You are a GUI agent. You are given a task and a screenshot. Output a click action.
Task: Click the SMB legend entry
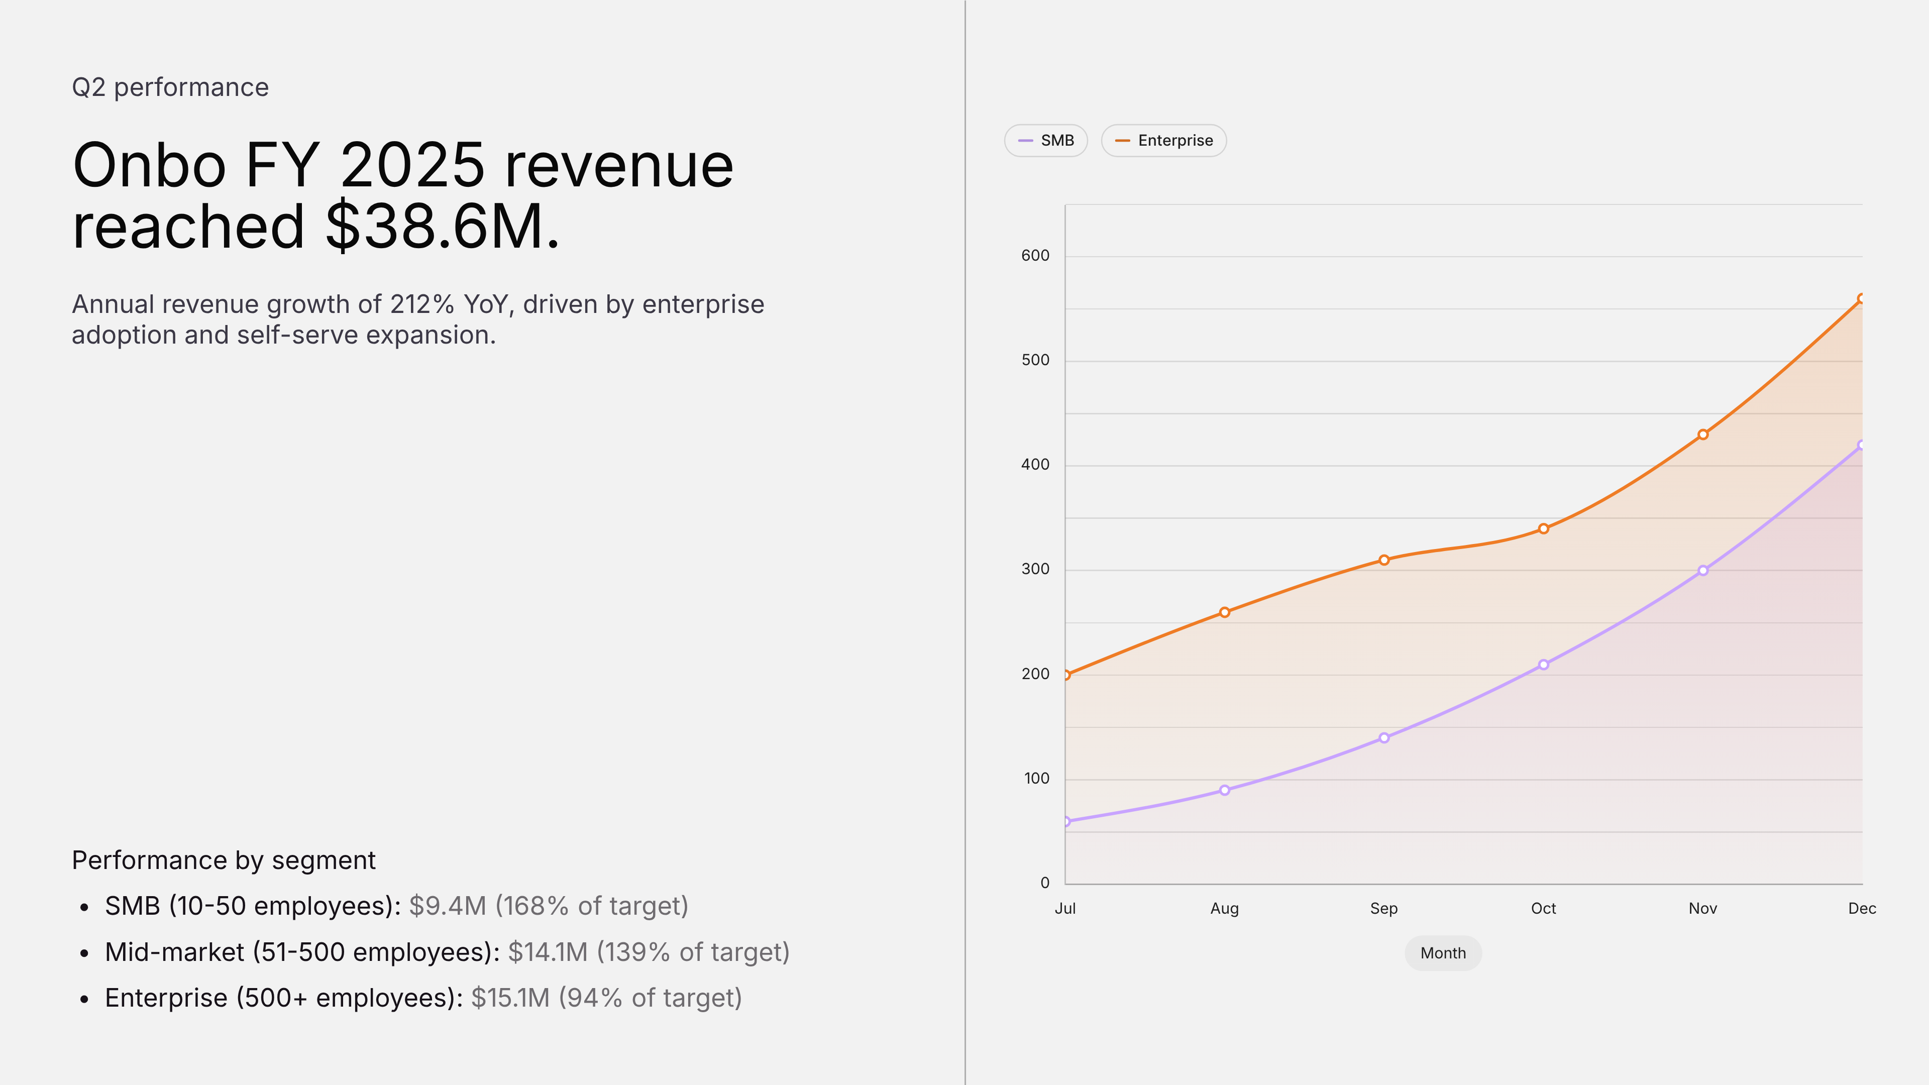pyautogui.click(x=1045, y=141)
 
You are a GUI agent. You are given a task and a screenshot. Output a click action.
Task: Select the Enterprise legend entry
pyautogui.click(x=1164, y=141)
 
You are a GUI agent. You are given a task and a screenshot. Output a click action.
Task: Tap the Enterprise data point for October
pyautogui.click(x=1543, y=528)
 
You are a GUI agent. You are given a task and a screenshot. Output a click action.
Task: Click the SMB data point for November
pyautogui.click(x=1703, y=571)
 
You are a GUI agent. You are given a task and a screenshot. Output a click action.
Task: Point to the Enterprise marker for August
pyautogui.click(x=1224, y=612)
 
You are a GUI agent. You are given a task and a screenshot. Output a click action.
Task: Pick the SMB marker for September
pyautogui.click(x=1384, y=737)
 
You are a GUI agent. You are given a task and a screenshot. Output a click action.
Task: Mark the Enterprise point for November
pyautogui.click(x=1703, y=435)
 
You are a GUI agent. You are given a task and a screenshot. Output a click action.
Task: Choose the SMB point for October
pyautogui.click(x=1543, y=664)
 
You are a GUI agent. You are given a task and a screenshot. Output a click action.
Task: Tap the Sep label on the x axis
pyautogui.click(x=1384, y=908)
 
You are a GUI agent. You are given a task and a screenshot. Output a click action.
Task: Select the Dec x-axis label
pyautogui.click(x=1862, y=908)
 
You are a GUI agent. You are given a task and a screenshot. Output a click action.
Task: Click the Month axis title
pyautogui.click(x=1443, y=953)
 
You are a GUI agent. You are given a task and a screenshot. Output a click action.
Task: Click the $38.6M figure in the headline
pyautogui.click(x=443, y=226)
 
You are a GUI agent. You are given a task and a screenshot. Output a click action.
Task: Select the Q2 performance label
pyautogui.click(x=170, y=87)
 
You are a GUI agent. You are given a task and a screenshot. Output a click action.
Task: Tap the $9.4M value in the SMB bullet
pyautogui.click(x=448, y=906)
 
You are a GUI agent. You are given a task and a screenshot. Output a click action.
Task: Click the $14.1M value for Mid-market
pyautogui.click(x=548, y=952)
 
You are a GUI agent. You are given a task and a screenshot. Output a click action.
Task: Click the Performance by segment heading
pyautogui.click(x=223, y=860)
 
